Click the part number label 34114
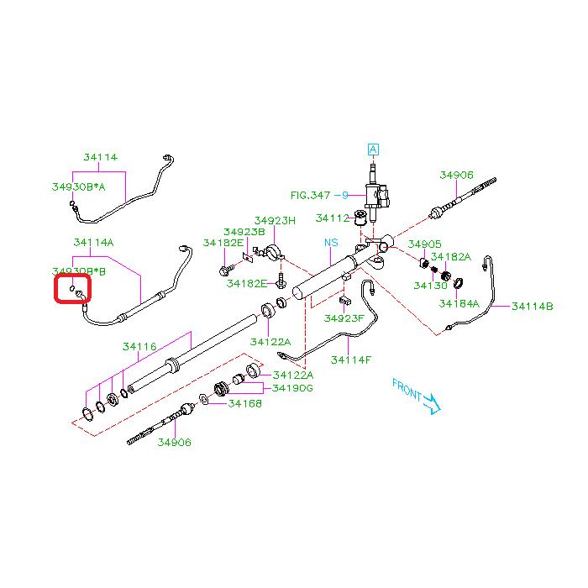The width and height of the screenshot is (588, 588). pyautogui.click(x=100, y=157)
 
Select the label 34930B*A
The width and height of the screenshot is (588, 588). pyautogui.click(x=79, y=187)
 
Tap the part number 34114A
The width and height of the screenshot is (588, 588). pyautogui.click(x=93, y=243)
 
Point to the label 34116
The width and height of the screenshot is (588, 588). pyautogui.click(x=139, y=346)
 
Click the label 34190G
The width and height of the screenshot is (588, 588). pyautogui.click(x=291, y=388)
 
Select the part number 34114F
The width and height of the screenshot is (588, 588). pyautogui.click(x=350, y=360)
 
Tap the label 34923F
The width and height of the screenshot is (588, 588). pyautogui.click(x=344, y=318)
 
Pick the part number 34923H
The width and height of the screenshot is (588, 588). pyautogui.click(x=276, y=220)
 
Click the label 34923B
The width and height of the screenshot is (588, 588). pyautogui.click(x=244, y=232)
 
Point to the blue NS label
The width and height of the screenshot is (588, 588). pyautogui.click(x=332, y=243)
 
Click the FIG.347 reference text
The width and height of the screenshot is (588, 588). pyautogui.click(x=312, y=195)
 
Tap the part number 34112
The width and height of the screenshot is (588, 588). pyautogui.click(x=332, y=218)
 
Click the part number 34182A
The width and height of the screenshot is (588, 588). pyautogui.click(x=451, y=256)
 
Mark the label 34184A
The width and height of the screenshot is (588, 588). pyautogui.click(x=459, y=303)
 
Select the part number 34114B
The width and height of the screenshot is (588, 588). pyautogui.click(x=533, y=307)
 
